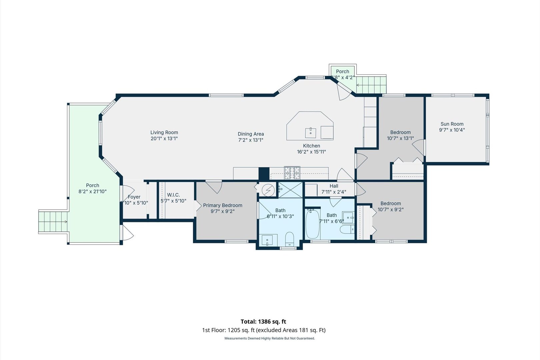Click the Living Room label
click(x=164, y=132)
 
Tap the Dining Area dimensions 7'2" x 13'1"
click(x=251, y=140)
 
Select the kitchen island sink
click(x=311, y=133)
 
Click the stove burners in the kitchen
click(x=292, y=173)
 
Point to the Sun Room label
click(x=452, y=124)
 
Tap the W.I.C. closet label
click(x=173, y=195)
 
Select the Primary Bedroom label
click(x=223, y=205)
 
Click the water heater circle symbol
click(x=268, y=190)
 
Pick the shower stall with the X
click(x=290, y=190)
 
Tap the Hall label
click(x=334, y=186)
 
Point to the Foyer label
click(x=134, y=197)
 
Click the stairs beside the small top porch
click(x=371, y=85)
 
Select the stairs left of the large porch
click(x=53, y=221)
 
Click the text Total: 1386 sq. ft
click(x=263, y=321)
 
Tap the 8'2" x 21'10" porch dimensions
click(x=93, y=191)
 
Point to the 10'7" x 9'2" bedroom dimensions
click(x=391, y=210)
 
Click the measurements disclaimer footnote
click(x=270, y=338)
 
